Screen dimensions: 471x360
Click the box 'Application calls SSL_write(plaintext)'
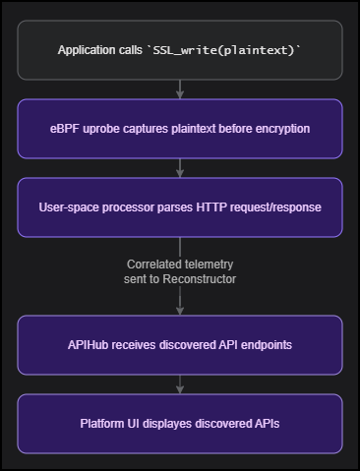click(x=180, y=50)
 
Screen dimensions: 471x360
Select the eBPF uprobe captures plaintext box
click(x=180, y=129)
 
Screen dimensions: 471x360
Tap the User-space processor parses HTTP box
click(x=180, y=207)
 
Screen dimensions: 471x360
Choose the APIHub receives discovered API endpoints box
click(x=180, y=345)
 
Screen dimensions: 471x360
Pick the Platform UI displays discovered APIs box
click(x=180, y=424)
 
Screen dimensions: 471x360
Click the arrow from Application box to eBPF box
click(x=180, y=89)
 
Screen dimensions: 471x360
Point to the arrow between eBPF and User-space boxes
click(x=180, y=168)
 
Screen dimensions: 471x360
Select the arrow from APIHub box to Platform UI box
click(x=180, y=384)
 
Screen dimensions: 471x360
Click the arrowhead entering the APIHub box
click(x=180, y=311)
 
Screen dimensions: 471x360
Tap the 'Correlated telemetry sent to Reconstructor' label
click(x=180, y=272)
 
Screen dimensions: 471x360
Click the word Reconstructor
click(x=202, y=280)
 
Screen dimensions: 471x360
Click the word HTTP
click(x=210, y=207)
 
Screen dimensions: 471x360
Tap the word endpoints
click(x=265, y=345)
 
